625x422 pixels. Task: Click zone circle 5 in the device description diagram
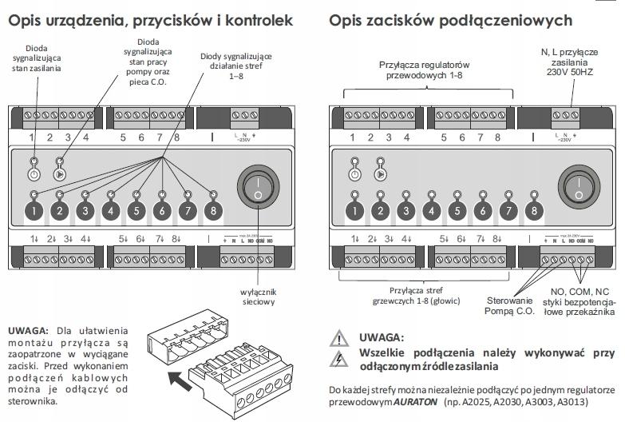tap(136, 212)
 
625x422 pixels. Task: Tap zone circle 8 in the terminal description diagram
tap(536, 212)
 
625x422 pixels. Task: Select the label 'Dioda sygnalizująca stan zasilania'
tap(34, 58)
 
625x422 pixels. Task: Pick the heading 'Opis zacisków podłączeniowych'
tap(450, 21)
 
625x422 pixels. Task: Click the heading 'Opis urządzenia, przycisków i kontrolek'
tap(150, 21)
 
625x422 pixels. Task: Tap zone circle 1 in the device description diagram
tap(34, 212)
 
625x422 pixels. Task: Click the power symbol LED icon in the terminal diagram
tap(355, 173)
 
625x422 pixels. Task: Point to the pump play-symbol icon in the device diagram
tap(60, 173)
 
